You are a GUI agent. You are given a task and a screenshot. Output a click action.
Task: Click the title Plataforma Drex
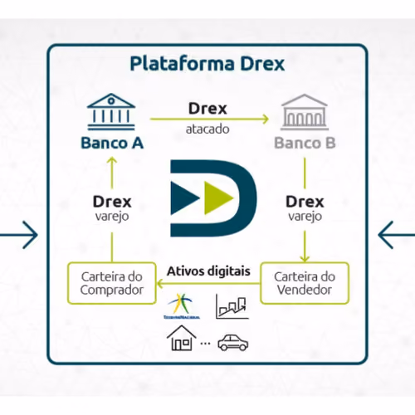coord(207,64)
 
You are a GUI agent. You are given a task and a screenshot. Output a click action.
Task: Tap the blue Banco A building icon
coord(111,112)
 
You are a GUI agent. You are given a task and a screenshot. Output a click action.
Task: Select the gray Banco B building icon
coord(305,112)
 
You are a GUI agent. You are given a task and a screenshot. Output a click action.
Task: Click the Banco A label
coord(112,143)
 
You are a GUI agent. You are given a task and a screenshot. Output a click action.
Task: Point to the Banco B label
coord(305,143)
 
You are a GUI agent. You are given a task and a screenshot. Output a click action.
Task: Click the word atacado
coord(207,129)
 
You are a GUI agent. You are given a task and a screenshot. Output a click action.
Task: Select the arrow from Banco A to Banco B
coord(209,119)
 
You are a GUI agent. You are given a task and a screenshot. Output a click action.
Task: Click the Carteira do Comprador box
coord(112,283)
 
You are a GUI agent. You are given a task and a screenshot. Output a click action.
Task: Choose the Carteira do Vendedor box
coord(305,283)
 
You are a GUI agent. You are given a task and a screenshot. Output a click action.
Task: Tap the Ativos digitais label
coord(208,271)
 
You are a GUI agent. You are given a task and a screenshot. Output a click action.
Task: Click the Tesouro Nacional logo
coord(182,306)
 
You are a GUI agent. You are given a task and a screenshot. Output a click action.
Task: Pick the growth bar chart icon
coord(232,306)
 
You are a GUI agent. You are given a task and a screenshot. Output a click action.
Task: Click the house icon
coord(181,338)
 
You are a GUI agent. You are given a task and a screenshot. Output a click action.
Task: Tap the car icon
coord(233,343)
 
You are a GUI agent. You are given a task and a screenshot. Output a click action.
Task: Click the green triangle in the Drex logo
coord(218,198)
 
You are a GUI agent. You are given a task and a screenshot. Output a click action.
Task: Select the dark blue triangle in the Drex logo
coord(185,198)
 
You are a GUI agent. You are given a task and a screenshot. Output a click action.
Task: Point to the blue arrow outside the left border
coord(19,235)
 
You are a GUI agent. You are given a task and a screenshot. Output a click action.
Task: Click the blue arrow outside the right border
coord(397,235)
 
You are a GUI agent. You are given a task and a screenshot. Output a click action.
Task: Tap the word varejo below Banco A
coord(112,217)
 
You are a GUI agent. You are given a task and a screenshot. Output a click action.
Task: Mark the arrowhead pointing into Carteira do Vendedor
coord(305,259)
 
